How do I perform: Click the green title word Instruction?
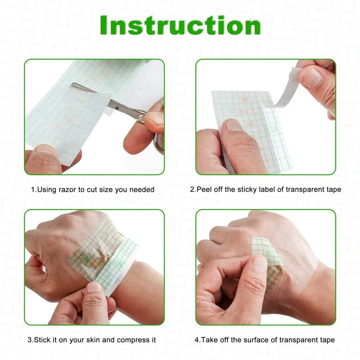click(180, 26)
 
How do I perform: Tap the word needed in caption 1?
click(143, 190)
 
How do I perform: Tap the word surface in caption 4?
click(251, 340)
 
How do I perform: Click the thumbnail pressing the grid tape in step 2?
click(234, 125)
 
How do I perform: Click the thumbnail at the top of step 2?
click(313, 77)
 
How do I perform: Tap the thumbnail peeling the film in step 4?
click(260, 262)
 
